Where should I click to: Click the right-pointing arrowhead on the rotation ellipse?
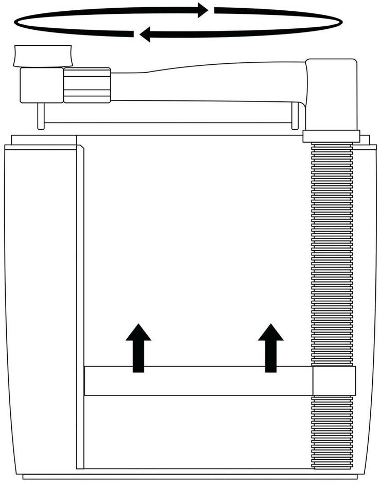click(203, 10)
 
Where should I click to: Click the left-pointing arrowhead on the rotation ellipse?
click(145, 34)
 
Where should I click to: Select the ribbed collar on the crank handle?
click(87, 85)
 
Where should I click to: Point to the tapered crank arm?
click(206, 82)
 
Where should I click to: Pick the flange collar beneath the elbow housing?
click(331, 136)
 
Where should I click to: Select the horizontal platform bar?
click(198, 381)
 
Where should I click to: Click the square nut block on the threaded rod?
click(334, 381)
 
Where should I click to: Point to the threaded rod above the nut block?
click(332, 252)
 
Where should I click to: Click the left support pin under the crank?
click(40, 115)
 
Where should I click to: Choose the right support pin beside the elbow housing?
click(295, 115)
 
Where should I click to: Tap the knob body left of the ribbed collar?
click(41, 85)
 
